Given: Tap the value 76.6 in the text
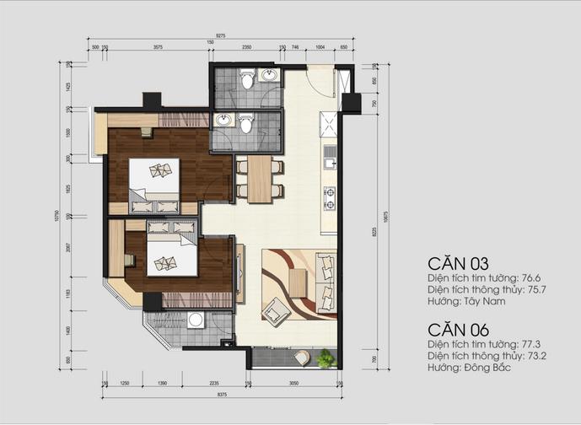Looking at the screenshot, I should (x=530, y=277).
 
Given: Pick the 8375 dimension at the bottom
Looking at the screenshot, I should (x=220, y=394).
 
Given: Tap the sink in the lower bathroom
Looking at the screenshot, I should (x=224, y=120).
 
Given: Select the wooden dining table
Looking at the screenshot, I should (x=259, y=178).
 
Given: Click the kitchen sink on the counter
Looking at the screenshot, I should (x=330, y=155).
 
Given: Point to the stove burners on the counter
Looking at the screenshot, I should (x=329, y=198).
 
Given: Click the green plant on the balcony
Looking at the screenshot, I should (x=324, y=361).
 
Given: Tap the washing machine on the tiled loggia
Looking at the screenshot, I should (x=196, y=321).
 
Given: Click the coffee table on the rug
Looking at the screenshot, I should (x=297, y=281).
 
